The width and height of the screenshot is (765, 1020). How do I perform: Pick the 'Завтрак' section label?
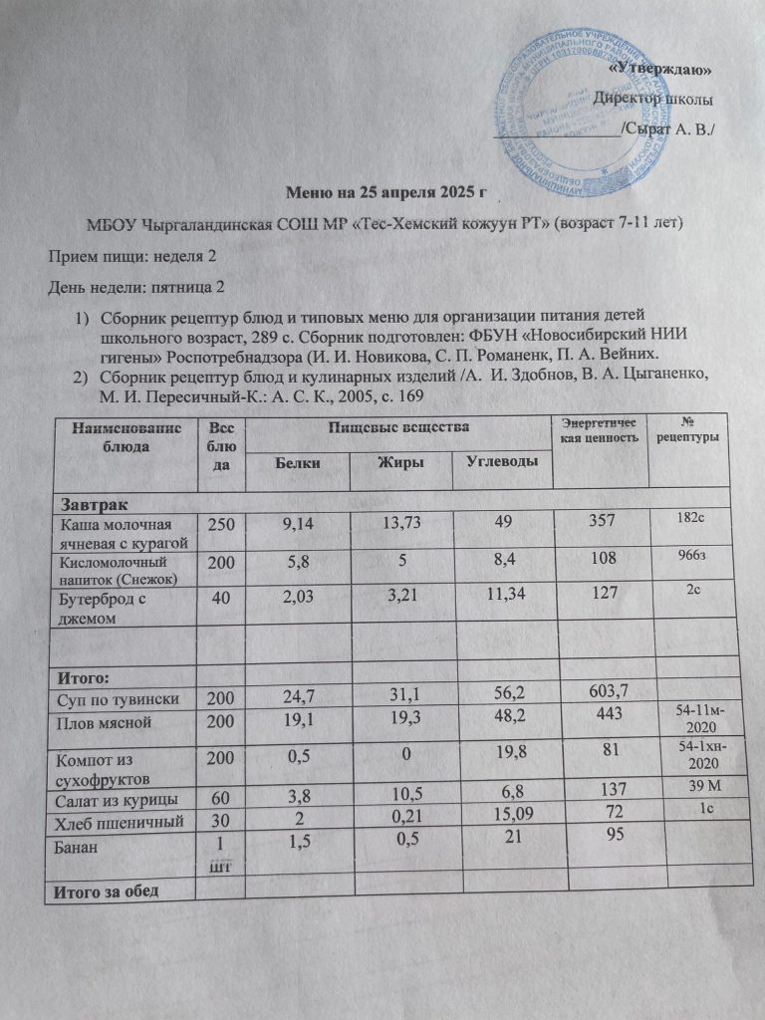click(93, 506)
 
